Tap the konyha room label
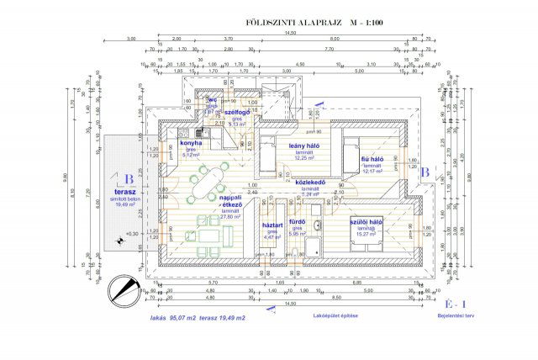point(190,143)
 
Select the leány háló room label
point(302,146)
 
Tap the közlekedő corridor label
point(311,182)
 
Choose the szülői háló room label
point(367,222)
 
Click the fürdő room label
point(297,225)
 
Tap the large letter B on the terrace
point(129,178)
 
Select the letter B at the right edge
point(426,172)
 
